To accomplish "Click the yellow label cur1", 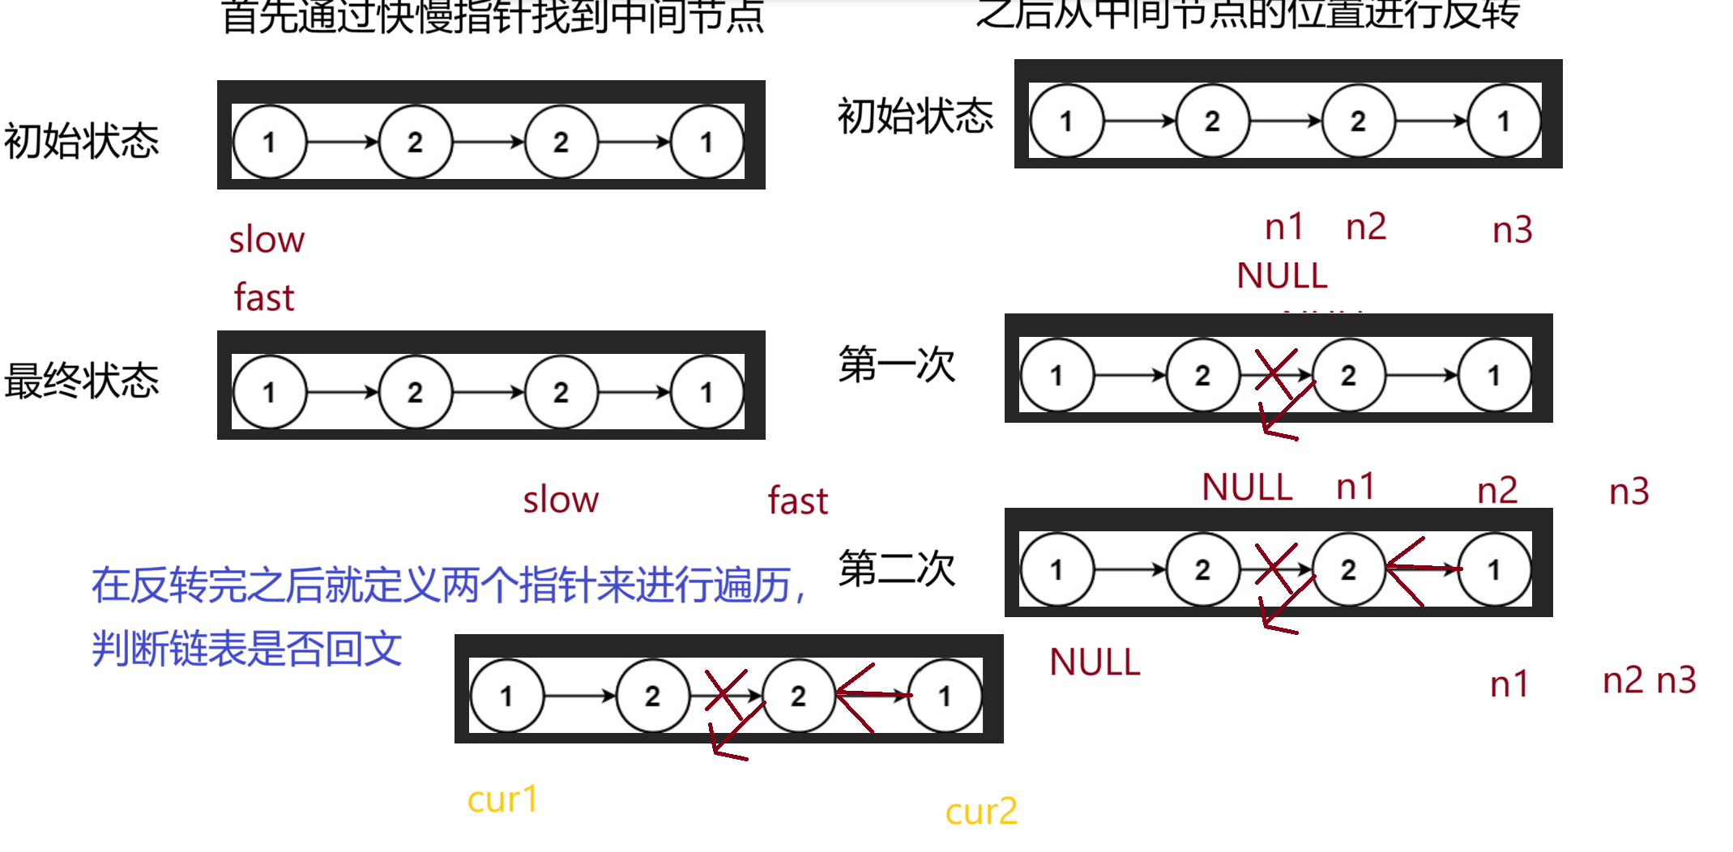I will coord(502,800).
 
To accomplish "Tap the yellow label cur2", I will coord(981,812).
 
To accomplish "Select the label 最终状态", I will coord(82,381).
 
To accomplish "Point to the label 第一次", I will coord(897,364).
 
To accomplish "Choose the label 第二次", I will coord(897,568).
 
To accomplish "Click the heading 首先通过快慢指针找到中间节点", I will coord(493,16).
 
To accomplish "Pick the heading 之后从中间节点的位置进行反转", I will coord(1248,13).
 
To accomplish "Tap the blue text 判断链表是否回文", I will coord(247,649).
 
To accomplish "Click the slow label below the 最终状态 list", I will coord(561,500).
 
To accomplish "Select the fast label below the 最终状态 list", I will coord(798,501).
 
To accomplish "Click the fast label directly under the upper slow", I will coord(264,297).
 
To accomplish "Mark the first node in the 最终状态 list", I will coord(270,393).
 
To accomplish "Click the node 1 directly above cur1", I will coord(507,696).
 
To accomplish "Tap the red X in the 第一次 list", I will coord(1275,373).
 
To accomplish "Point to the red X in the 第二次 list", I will coord(1275,567).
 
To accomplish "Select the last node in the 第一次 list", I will coord(1494,376).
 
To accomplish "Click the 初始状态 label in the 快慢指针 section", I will coord(82,141).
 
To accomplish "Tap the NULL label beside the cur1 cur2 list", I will coord(1095,662).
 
